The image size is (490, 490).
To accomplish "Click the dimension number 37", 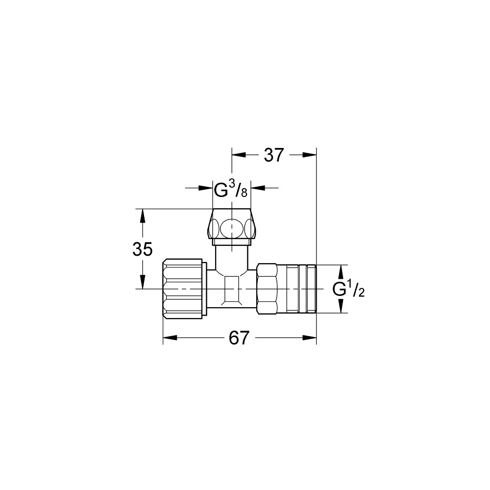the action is click(x=274, y=155).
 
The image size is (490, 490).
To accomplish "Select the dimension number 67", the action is click(x=239, y=338).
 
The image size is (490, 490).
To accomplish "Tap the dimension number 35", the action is click(x=143, y=249).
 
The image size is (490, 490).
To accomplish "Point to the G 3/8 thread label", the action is click(x=231, y=189).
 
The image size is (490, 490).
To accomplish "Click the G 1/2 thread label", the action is click(x=348, y=289).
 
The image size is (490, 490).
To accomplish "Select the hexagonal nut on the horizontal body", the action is click(x=267, y=289).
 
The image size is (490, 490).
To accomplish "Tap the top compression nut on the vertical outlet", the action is click(x=232, y=227).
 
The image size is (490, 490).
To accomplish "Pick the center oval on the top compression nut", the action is click(x=232, y=227).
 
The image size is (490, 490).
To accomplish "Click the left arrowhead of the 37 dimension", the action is click(x=239, y=155).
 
